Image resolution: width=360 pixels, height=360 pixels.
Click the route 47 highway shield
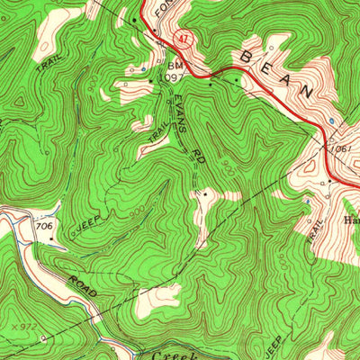[x=183, y=40]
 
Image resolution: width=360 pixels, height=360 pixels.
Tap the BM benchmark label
[x=173, y=67]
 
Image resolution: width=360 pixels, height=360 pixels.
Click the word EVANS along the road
[x=184, y=116]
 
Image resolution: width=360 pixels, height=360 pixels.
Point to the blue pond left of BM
[x=141, y=68]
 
